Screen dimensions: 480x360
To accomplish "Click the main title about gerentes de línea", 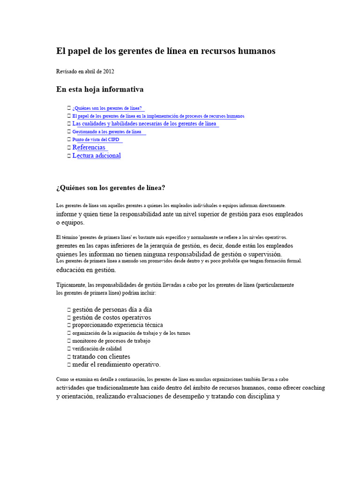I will tap(165, 51).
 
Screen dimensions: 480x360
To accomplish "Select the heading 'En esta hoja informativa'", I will tap(100, 89).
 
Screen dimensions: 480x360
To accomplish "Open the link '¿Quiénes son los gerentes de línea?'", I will tap(107, 108).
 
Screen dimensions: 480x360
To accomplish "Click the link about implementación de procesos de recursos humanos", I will tap(158, 116).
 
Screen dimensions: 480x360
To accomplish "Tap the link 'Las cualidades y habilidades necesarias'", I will tap(144, 124).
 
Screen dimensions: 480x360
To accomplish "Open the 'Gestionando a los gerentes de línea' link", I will tap(106, 132).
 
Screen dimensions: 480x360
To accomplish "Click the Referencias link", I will tap(89, 147).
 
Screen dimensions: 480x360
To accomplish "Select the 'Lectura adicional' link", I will tap(97, 156).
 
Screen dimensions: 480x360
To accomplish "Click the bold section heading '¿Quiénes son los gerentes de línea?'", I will tap(111, 188).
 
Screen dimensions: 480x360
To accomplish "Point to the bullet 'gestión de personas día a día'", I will tap(112, 310).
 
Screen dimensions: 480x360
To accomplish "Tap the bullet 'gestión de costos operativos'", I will tap(112, 318).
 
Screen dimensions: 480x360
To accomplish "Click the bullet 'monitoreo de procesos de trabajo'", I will tap(111, 341).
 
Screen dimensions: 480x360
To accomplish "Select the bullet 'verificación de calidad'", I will tap(97, 349).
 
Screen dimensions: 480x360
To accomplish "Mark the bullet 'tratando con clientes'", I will tap(101, 357).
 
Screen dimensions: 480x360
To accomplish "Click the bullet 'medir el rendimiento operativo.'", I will tap(116, 365).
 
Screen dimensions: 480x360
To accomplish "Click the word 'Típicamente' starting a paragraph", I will tap(70, 285).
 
